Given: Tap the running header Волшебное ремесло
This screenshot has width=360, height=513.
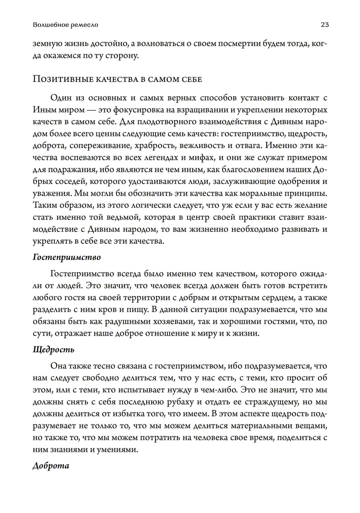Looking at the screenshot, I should [x=65, y=25].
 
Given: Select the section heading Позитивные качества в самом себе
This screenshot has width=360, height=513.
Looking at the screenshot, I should [x=117, y=79].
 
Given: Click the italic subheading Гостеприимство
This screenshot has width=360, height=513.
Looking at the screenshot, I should [x=67, y=257].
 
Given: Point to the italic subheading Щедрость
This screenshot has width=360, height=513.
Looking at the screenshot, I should [x=53, y=349].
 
